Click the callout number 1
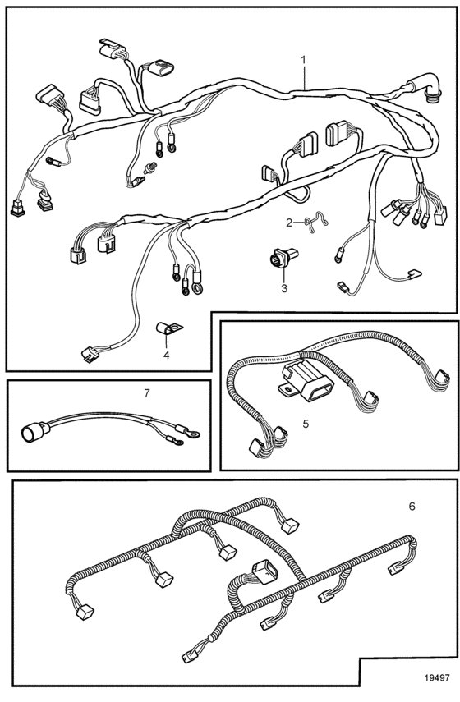[304, 60]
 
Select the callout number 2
[289, 222]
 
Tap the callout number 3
[284, 289]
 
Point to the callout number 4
[167, 356]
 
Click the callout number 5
[306, 424]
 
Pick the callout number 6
[412, 507]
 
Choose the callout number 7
[147, 393]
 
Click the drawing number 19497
[436, 678]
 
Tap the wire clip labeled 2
[316, 222]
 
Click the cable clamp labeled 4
[168, 329]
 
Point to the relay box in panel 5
[306, 382]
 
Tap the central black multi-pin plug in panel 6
[264, 571]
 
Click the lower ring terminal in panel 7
[174, 442]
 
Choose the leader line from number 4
[166, 341]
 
